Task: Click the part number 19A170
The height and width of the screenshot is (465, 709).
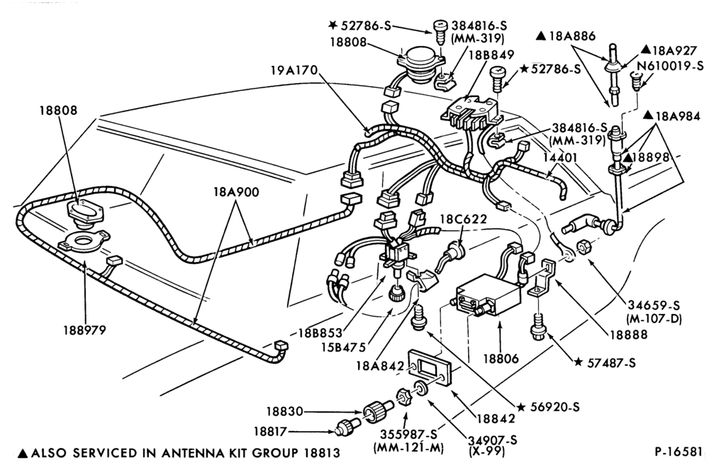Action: point(294,70)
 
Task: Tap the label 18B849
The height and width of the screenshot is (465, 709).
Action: point(491,55)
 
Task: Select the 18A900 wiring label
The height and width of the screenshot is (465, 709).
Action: point(237,192)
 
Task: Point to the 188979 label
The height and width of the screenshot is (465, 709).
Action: point(84,330)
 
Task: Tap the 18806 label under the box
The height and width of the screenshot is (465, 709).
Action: point(501,359)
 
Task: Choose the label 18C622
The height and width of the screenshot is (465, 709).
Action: point(464,220)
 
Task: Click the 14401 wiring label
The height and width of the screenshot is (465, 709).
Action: point(560,157)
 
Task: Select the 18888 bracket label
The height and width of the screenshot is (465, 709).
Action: point(628,335)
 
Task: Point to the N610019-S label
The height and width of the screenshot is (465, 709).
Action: point(670,66)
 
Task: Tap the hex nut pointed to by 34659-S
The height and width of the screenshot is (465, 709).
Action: point(583,248)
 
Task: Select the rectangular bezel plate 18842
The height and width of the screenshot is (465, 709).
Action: point(430,366)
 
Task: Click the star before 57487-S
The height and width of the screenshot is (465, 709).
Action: point(578,362)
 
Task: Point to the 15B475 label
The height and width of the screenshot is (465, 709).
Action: point(343,348)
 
